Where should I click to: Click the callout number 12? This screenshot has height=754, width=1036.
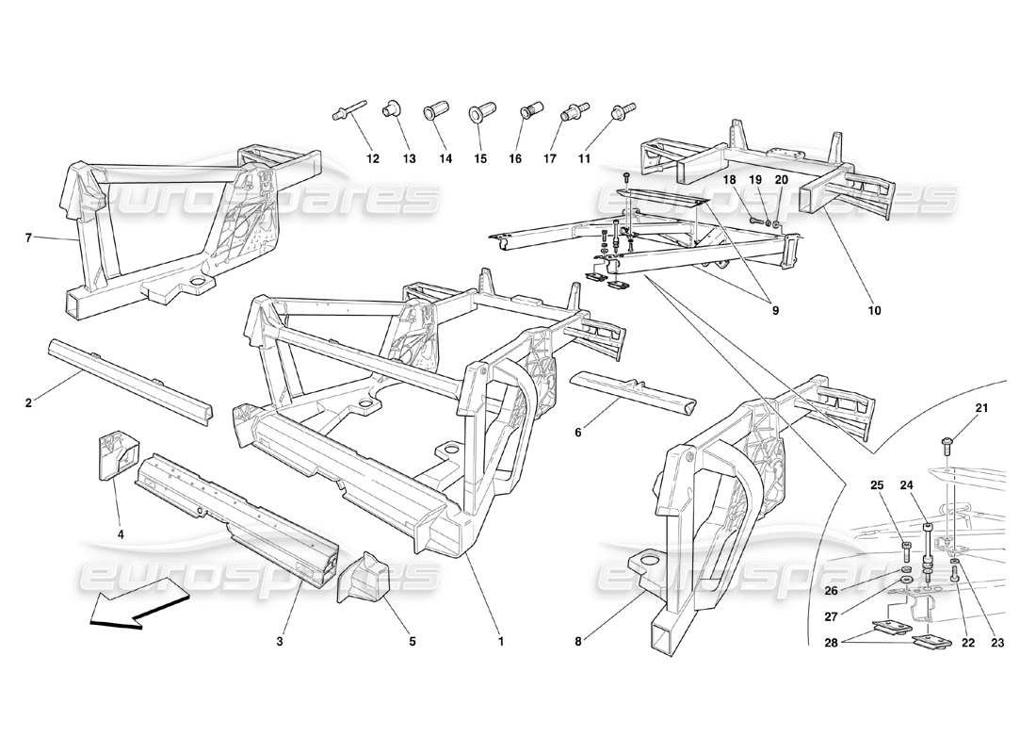pos(373,159)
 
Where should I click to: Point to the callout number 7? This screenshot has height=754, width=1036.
pos(29,238)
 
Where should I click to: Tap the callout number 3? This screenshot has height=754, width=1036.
pos(280,642)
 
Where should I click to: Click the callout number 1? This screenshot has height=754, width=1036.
pos(501,642)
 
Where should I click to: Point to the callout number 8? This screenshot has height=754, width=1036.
pos(580,642)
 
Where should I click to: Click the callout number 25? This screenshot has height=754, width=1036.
pos(877,485)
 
